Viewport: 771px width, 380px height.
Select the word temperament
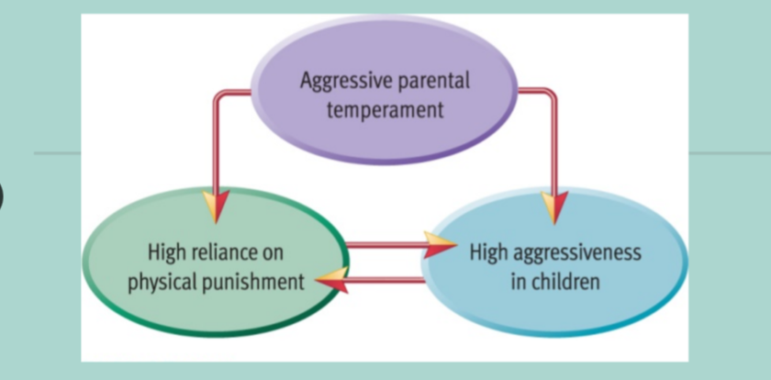coord(385,109)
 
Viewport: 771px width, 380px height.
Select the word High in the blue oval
coord(488,252)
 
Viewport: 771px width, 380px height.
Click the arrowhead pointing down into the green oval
coord(217,206)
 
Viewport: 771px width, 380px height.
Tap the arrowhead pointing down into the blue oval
coord(554,207)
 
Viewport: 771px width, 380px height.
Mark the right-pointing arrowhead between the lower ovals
coord(440,244)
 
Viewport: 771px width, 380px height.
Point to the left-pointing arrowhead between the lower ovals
coord(332,280)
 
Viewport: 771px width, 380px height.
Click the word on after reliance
coord(271,254)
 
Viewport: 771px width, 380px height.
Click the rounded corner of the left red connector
coord(218,95)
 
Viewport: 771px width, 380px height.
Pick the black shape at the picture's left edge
coord(2,196)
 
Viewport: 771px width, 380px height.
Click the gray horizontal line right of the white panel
coord(730,153)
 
